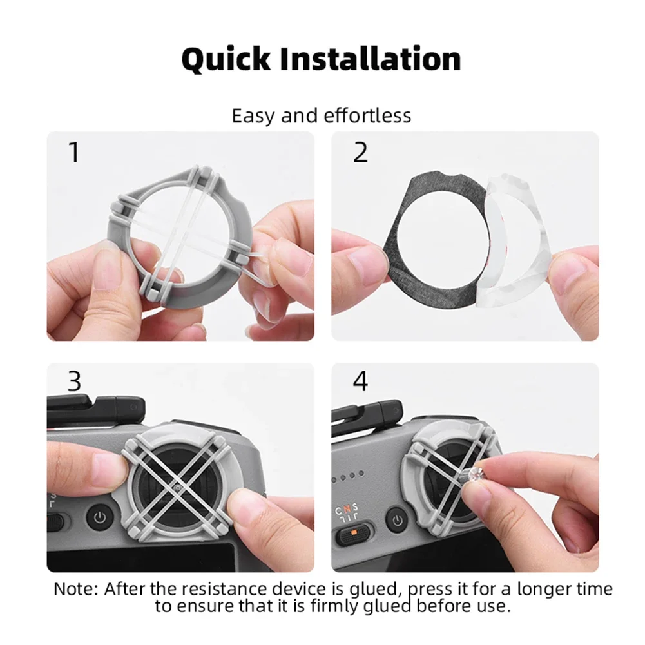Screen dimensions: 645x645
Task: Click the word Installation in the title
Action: (371, 59)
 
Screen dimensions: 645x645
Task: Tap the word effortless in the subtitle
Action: (367, 115)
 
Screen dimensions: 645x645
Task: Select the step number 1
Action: (74, 152)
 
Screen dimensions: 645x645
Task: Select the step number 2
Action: (360, 152)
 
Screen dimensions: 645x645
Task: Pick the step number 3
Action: (75, 381)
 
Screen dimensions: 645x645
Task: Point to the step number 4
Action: (360, 381)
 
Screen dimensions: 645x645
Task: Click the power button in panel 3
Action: (100, 517)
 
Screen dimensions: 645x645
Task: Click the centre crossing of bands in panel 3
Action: (177, 488)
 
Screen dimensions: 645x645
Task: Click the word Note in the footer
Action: (74, 589)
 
